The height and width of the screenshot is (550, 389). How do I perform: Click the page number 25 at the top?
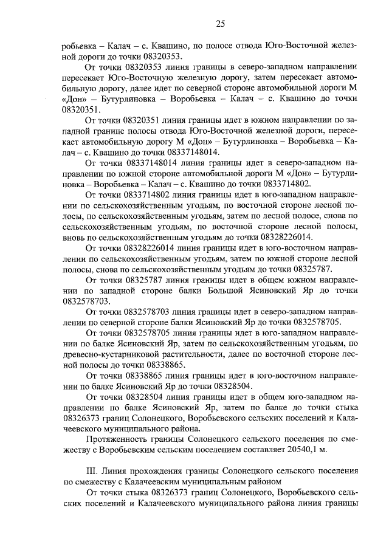pos(220,23)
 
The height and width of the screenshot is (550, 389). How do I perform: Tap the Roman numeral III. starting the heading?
pos(92,471)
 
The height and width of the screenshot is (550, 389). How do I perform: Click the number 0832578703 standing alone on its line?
pos(86,301)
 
